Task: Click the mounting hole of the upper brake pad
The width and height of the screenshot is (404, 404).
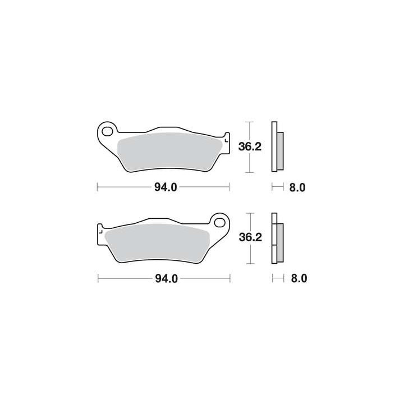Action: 107,131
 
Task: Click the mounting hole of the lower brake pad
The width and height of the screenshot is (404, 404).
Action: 219,222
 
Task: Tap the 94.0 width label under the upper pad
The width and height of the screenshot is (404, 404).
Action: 166,187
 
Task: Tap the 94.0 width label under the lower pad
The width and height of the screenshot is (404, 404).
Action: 167,279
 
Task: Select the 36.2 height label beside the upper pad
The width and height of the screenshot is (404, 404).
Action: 250,146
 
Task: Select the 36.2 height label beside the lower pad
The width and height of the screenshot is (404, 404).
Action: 250,237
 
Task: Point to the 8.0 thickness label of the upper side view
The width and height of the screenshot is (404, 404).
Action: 297,187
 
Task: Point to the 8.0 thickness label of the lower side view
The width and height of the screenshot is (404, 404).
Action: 299,279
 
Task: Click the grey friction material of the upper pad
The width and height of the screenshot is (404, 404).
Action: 169,151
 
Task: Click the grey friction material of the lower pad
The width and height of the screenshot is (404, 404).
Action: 158,243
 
